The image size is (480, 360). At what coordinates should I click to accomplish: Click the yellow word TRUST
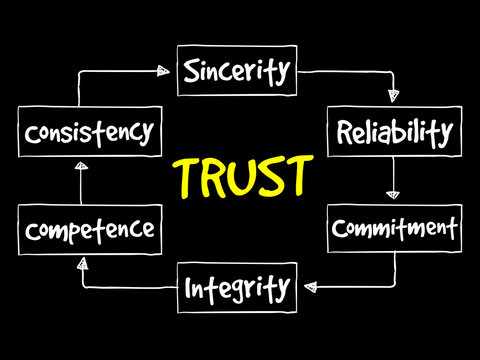241,178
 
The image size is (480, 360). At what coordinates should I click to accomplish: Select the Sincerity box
237,71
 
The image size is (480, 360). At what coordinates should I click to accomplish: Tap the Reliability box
394,132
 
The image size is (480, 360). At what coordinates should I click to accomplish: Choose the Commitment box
395,227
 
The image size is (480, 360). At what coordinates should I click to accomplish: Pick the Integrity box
237,289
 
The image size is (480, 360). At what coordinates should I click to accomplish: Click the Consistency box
90,132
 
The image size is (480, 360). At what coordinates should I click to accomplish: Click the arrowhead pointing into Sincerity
163,70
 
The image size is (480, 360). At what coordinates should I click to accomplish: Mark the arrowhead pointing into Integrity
310,288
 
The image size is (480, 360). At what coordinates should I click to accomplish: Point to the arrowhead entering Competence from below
81,262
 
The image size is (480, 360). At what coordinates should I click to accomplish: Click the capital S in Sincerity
192,71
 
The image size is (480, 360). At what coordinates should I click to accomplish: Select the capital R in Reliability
344,132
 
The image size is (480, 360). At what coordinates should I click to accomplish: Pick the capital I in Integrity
189,290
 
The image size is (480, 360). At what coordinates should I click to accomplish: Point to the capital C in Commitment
340,228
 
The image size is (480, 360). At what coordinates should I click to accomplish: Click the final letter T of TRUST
296,177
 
